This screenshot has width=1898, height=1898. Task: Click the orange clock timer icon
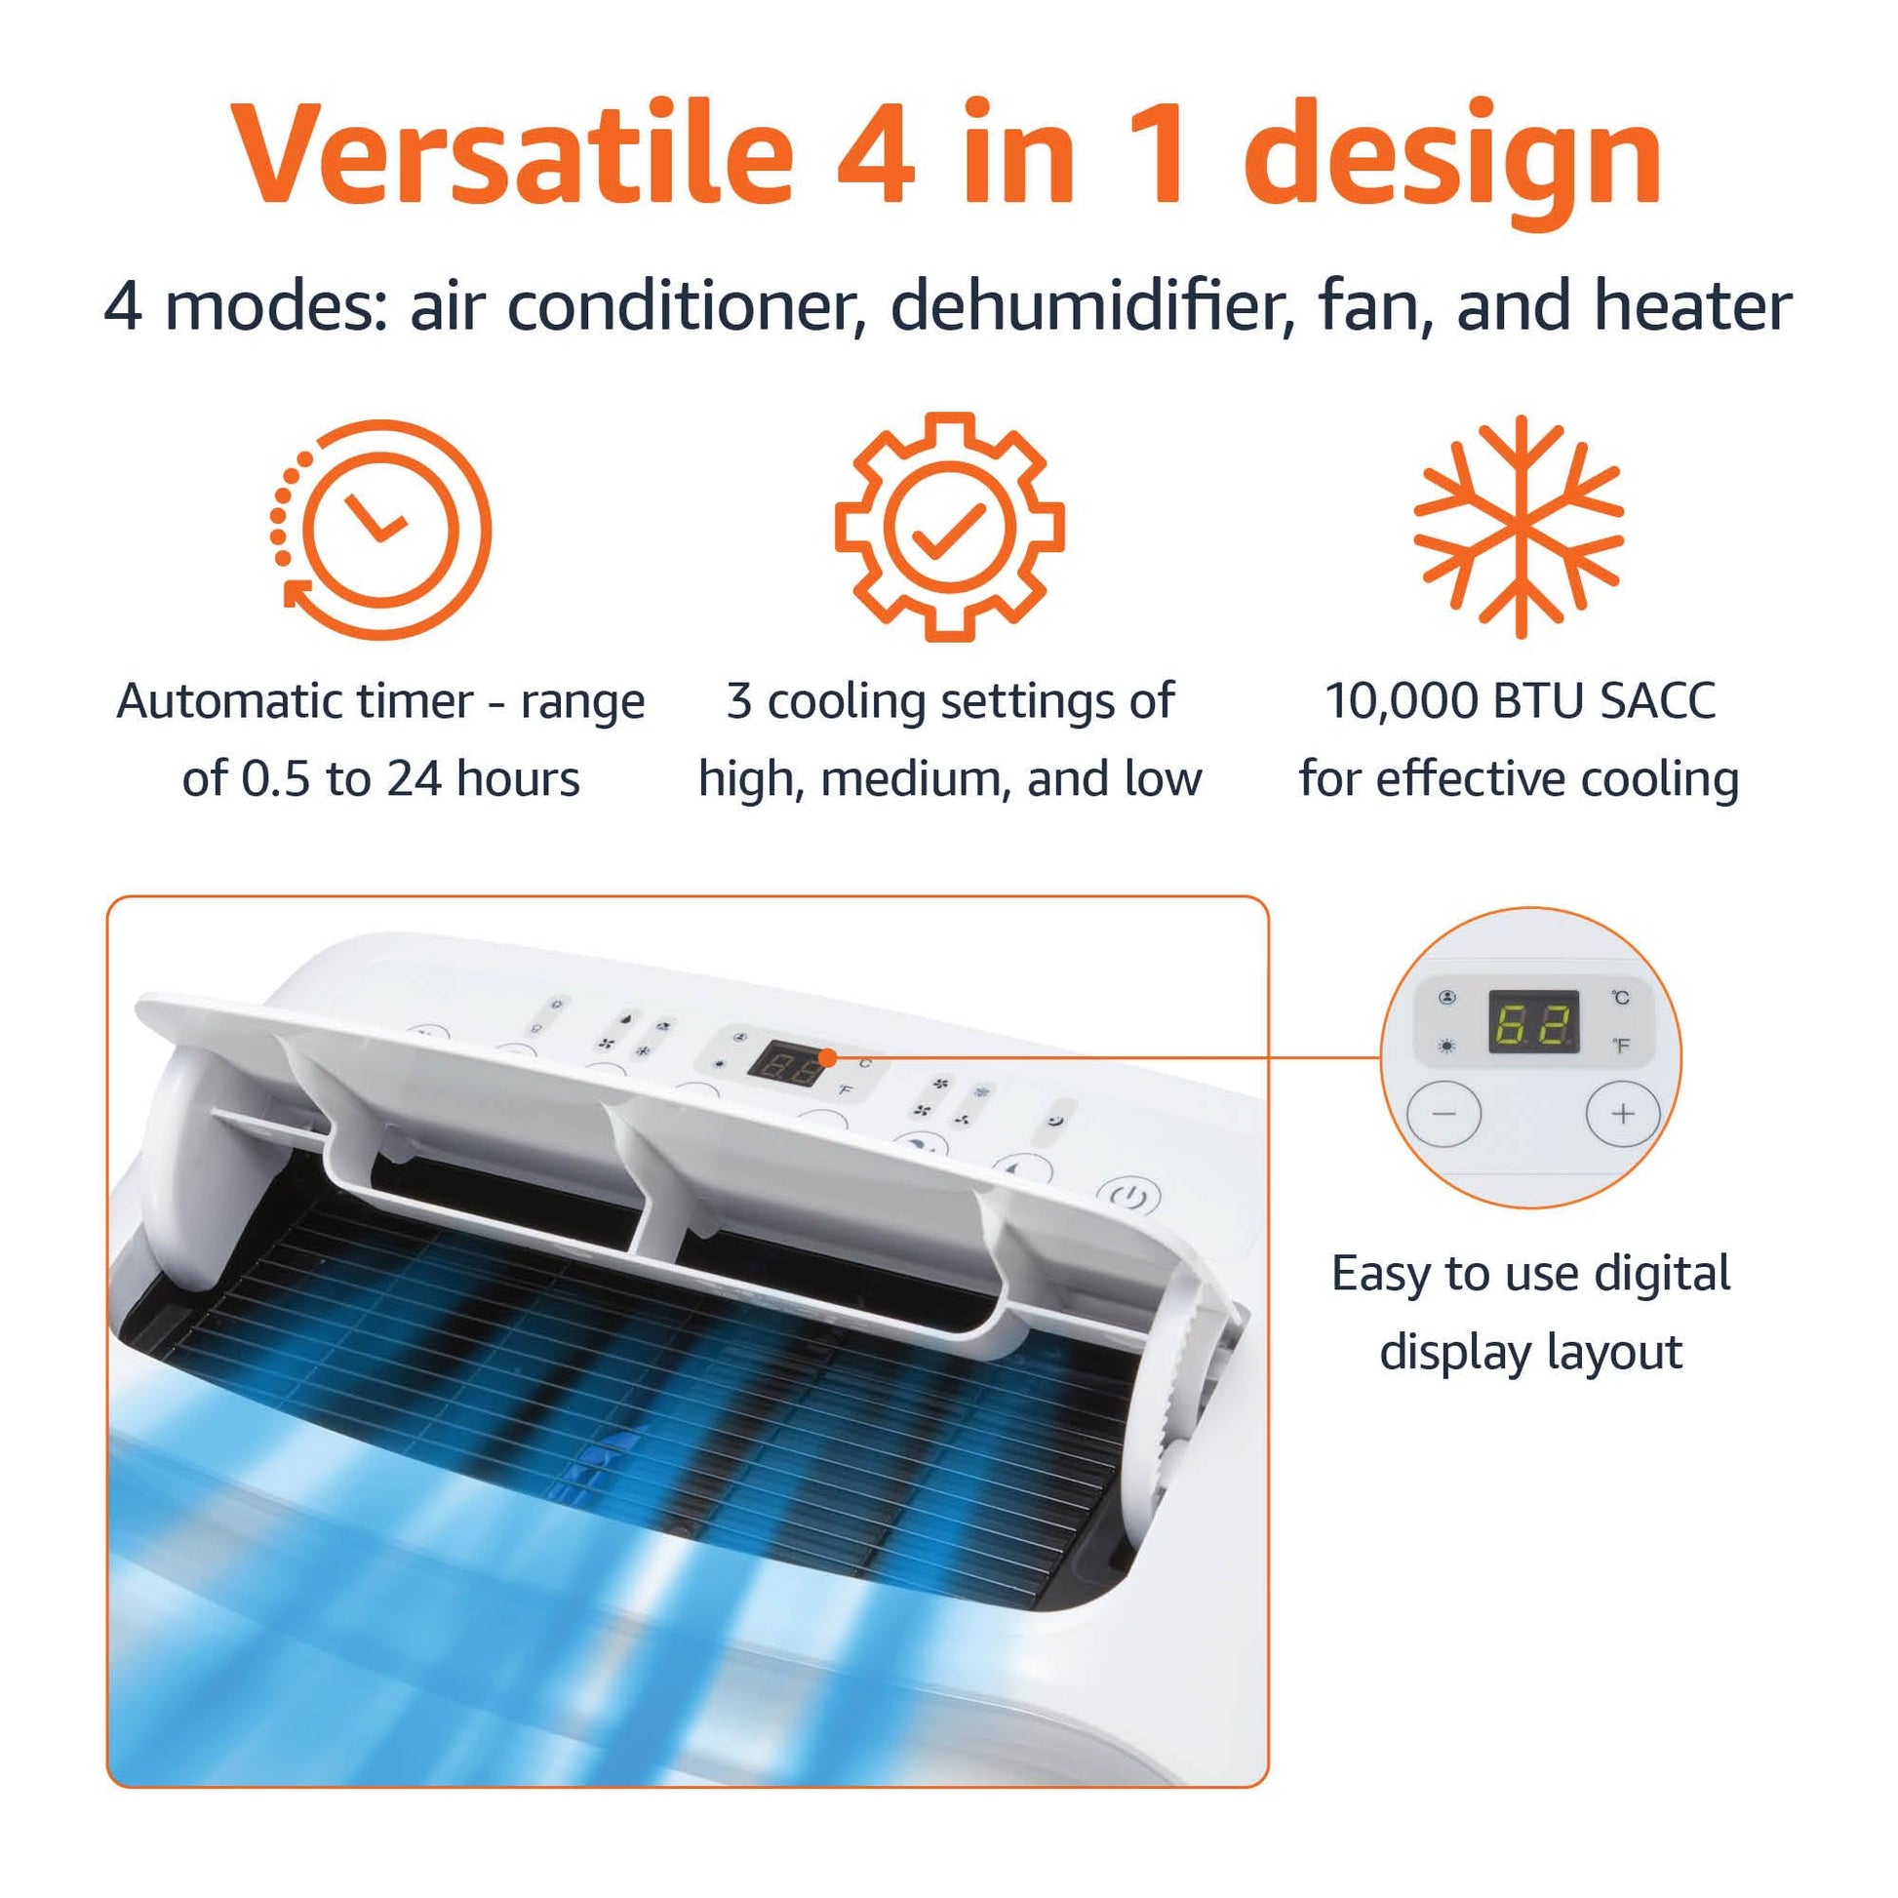click(380, 530)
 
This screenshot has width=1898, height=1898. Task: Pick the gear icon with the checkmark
click(949, 527)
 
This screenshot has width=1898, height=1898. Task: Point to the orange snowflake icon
click(1519, 527)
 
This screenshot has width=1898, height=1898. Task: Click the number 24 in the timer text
click(415, 779)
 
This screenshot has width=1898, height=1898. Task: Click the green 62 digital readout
click(1534, 1022)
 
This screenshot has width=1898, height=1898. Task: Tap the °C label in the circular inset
click(1621, 998)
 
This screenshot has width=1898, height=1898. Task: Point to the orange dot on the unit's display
click(828, 1057)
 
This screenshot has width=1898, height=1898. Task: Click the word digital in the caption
click(1662, 1274)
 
